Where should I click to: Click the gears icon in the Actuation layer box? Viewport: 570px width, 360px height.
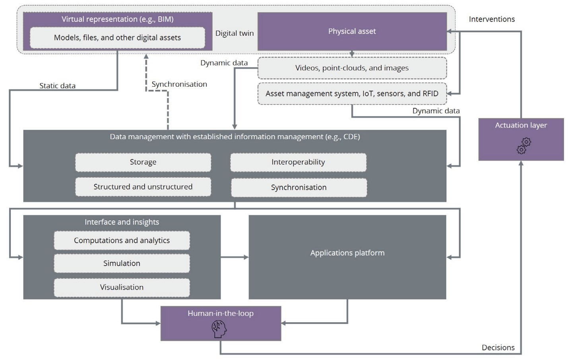[x=524, y=146]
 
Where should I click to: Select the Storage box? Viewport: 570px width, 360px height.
[x=143, y=162]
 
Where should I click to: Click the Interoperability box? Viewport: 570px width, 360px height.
[x=298, y=162]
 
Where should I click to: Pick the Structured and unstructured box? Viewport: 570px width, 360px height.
[x=143, y=187]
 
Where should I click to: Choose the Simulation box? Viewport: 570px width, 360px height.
[x=122, y=263]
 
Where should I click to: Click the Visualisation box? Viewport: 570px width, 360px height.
[x=122, y=287]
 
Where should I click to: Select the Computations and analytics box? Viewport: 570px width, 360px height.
[x=122, y=240]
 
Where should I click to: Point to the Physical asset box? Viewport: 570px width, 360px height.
[x=352, y=31]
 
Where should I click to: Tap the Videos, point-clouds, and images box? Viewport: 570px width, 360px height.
[x=352, y=68]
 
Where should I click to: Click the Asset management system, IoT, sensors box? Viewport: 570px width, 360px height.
[x=352, y=94]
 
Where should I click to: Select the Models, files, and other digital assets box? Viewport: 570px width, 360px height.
[x=117, y=38]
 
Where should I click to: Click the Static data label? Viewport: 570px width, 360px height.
[x=57, y=85]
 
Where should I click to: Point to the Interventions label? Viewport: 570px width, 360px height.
[x=492, y=19]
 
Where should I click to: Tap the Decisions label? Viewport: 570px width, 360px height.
[x=498, y=348]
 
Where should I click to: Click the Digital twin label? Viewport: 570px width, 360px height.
[x=235, y=33]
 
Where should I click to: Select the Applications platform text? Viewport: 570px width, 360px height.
[x=347, y=253]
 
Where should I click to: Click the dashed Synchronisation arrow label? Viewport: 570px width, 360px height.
[x=179, y=84]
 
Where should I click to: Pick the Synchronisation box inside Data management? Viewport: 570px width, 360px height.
[x=299, y=188]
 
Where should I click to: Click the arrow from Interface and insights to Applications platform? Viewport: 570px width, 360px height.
[x=235, y=257]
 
